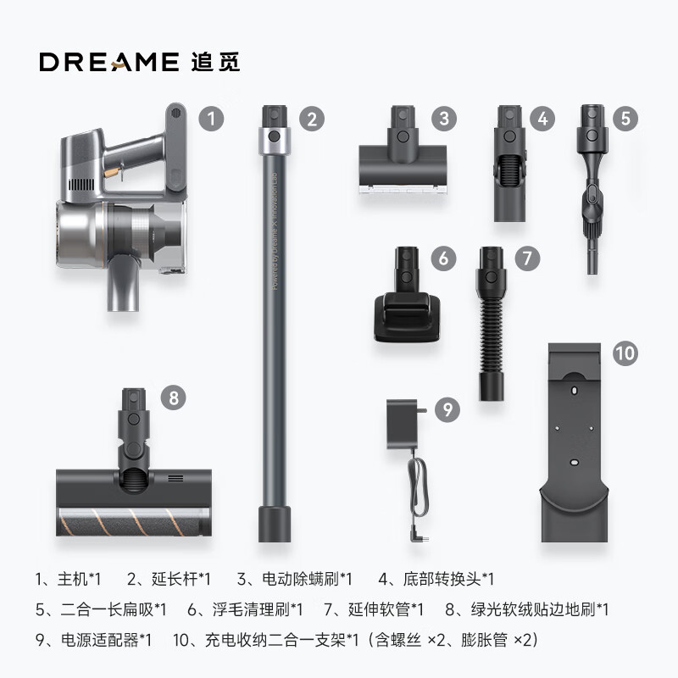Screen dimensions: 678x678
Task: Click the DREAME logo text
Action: [x=107, y=62]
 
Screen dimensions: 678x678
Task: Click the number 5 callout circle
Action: [x=625, y=118]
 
